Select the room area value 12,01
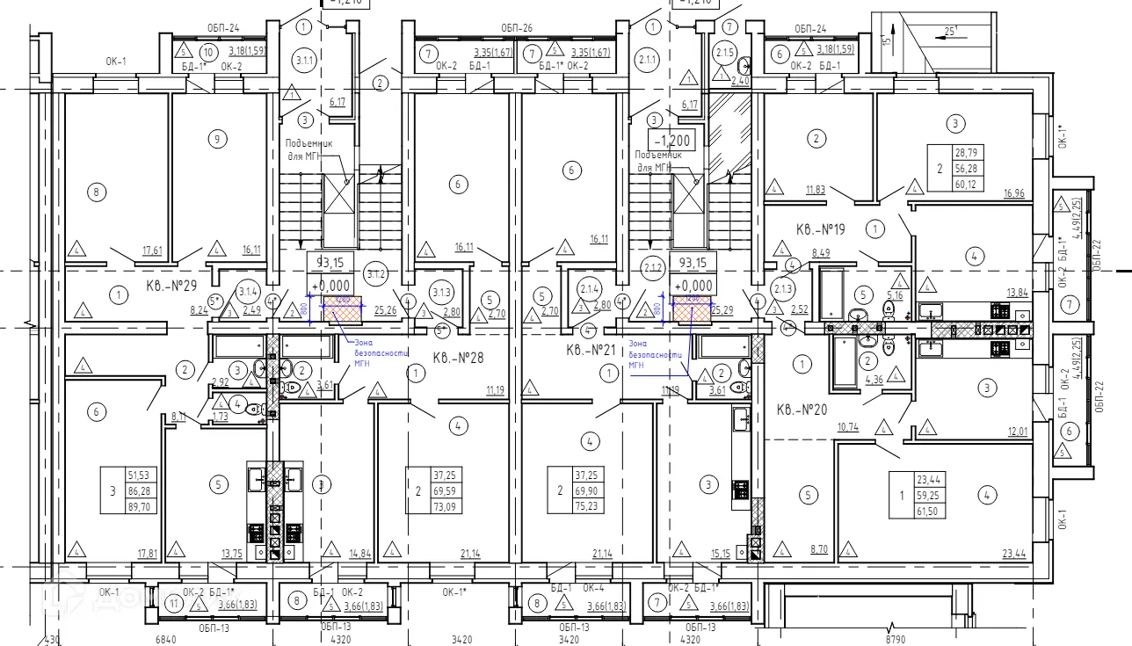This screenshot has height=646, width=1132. [1016, 431]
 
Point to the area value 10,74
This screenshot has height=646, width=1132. [848, 428]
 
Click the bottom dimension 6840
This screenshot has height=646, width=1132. [167, 640]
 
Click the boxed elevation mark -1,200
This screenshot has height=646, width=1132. [673, 140]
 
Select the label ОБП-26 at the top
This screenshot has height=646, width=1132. [517, 28]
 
